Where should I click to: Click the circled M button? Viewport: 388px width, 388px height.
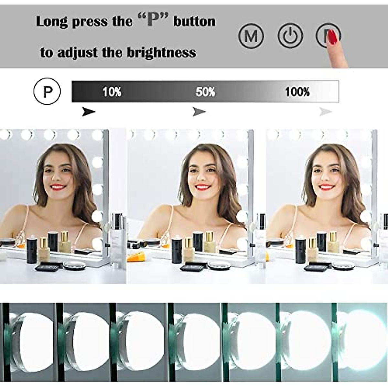(251, 36)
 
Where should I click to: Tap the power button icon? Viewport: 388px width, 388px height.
(290, 36)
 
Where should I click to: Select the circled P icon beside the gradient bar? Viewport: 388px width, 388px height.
(47, 92)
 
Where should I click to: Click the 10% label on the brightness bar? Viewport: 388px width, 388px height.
(112, 92)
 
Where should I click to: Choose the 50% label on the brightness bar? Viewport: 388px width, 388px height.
(205, 92)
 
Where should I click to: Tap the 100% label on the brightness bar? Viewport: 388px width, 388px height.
(297, 92)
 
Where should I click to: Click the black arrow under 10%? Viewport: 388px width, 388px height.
(89, 112)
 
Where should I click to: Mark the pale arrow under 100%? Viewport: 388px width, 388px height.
(326, 112)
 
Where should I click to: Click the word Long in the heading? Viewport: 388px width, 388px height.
(52, 22)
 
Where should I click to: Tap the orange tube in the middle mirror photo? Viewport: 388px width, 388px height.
(134, 257)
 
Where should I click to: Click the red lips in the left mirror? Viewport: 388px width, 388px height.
(58, 187)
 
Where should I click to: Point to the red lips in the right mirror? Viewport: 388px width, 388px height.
(325, 187)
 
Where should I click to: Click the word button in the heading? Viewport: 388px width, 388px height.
(194, 21)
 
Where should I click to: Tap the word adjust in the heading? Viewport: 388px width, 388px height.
(77, 53)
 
